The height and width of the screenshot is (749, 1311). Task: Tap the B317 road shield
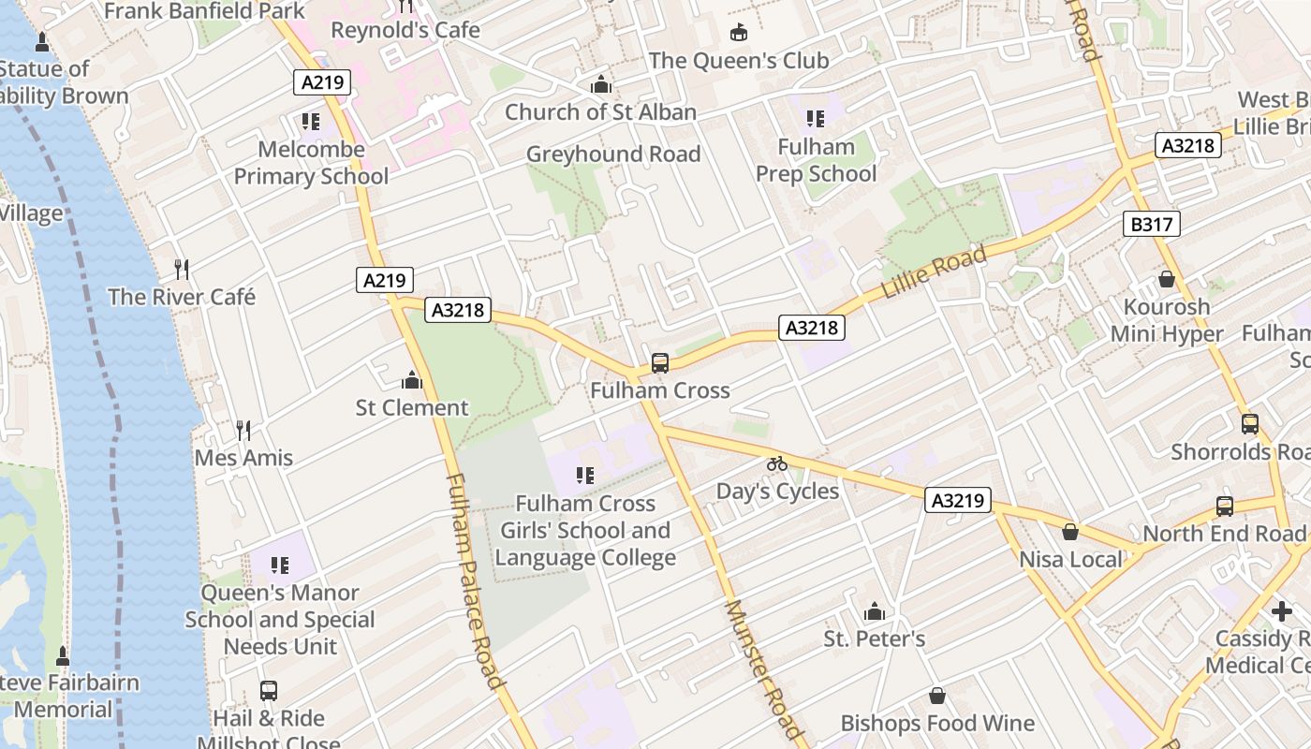pyautogui.click(x=1150, y=224)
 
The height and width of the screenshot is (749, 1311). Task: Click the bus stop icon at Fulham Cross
pyautogui.click(x=660, y=362)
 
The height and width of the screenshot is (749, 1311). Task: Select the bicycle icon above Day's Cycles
pyautogui.click(x=777, y=463)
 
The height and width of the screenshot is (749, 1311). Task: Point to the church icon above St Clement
pyautogui.click(x=411, y=380)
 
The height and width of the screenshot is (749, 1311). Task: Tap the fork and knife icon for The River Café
pyautogui.click(x=182, y=270)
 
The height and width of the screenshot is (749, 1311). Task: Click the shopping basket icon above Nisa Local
pyautogui.click(x=1070, y=532)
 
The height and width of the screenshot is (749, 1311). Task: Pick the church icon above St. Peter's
pyautogui.click(x=875, y=612)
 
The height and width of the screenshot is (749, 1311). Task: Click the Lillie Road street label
pyautogui.click(x=934, y=273)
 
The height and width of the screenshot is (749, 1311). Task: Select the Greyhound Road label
pyautogui.click(x=613, y=154)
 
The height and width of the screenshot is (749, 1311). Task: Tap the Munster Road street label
pyautogui.click(x=763, y=669)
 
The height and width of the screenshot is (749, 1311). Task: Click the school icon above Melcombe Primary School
pyautogui.click(x=311, y=122)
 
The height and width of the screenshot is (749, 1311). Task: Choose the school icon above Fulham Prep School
pyautogui.click(x=816, y=119)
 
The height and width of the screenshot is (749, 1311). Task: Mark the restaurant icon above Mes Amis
pyautogui.click(x=243, y=431)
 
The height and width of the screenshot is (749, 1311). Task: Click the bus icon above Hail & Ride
pyautogui.click(x=269, y=691)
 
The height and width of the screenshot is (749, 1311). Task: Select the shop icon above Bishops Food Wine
pyautogui.click(x=937, y=697)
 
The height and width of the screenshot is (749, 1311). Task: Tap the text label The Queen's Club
pyautogui.click(x=739, y=60)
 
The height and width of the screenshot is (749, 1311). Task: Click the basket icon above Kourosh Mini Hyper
pyautogui.click(x=1167, y=279)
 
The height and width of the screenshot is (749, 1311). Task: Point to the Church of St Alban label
pyautogui.click(x=600, y=112)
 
